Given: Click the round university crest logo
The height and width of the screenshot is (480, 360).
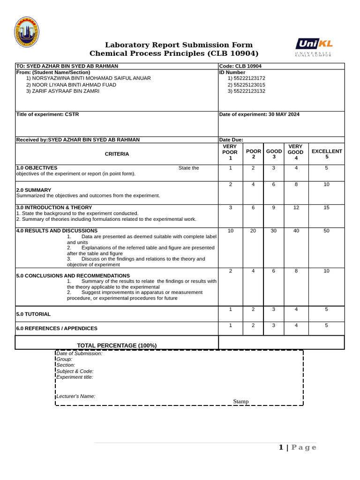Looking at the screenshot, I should (27, 32).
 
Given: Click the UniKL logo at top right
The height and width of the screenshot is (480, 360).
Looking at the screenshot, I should (314, 47).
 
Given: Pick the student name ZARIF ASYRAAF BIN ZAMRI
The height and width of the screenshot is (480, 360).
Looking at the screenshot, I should (66, 91).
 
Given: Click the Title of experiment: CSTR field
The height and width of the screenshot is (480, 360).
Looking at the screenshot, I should (48, 114).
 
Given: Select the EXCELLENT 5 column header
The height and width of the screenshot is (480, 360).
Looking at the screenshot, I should (327, 154).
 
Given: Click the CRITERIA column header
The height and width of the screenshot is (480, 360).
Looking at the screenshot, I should (117, 154).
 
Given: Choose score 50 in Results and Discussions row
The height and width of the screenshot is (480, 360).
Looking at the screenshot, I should (326, 231).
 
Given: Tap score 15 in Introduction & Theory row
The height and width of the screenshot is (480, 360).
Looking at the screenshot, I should (326, 208).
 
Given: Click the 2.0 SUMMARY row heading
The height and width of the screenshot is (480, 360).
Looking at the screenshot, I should (34, 190).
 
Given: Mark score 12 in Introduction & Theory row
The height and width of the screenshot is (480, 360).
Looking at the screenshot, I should (296, 208).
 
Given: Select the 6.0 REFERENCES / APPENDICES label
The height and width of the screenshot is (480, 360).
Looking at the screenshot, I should (57, 329).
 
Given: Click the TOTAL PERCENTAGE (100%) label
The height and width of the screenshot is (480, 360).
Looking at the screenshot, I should (117, 345).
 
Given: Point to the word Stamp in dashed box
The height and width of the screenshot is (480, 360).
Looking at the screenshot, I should (241, 401).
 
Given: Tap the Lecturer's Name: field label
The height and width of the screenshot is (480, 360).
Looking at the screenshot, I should (76, 396).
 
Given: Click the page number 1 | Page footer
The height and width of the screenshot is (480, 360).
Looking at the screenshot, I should (298, 447).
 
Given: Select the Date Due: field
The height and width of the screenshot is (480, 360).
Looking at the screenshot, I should (231, 140).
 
